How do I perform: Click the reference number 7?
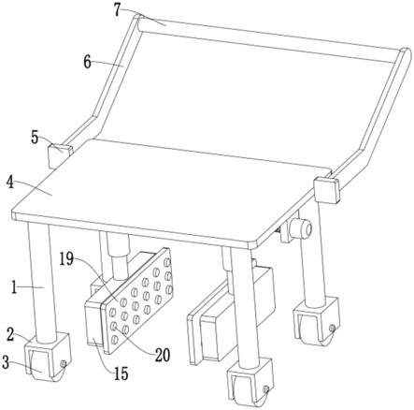[117, 10]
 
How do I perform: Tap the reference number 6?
[87, 63]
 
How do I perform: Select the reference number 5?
[35, 138]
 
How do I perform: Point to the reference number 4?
[10, 183]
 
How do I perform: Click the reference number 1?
[14, 287]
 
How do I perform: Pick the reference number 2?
[11, 334]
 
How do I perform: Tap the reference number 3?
[6, 362]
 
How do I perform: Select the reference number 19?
[67, 259]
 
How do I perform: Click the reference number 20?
[163, 355]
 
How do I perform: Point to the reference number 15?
[121, 373]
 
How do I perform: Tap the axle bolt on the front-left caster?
[64, 364]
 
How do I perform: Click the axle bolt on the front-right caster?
[265, 389]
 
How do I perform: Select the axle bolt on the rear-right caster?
[332, 328]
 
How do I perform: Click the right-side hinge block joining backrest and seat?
[326, 190]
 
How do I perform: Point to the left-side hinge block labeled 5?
[60, 156]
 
